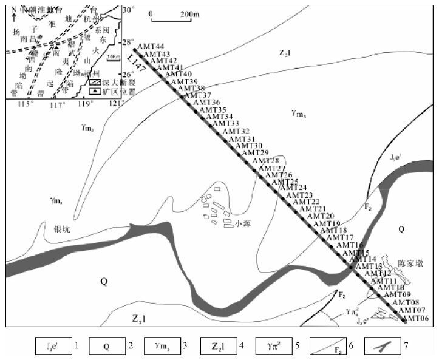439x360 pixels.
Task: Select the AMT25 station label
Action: (285, 182)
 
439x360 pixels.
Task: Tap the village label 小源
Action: (243, 223)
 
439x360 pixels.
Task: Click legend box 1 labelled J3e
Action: (51, 346)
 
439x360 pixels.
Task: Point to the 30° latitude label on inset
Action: (128, 10)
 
